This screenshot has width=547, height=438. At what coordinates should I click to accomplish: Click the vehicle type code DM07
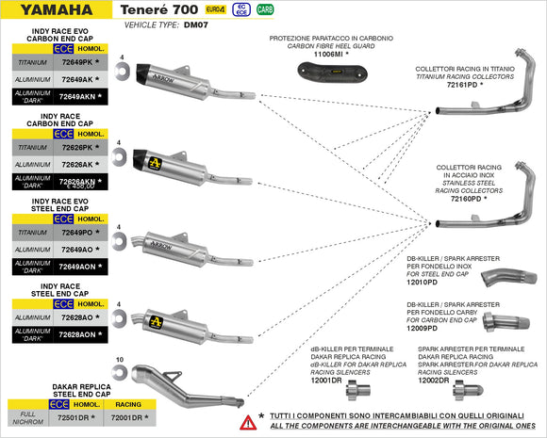197,25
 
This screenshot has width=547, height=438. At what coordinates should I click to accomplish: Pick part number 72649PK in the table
76,62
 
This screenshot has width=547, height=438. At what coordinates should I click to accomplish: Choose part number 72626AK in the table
76,164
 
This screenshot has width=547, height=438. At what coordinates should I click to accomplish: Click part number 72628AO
76,317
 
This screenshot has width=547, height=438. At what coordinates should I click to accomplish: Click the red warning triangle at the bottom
249,421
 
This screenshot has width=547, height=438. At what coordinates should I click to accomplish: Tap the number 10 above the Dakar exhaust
120,360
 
